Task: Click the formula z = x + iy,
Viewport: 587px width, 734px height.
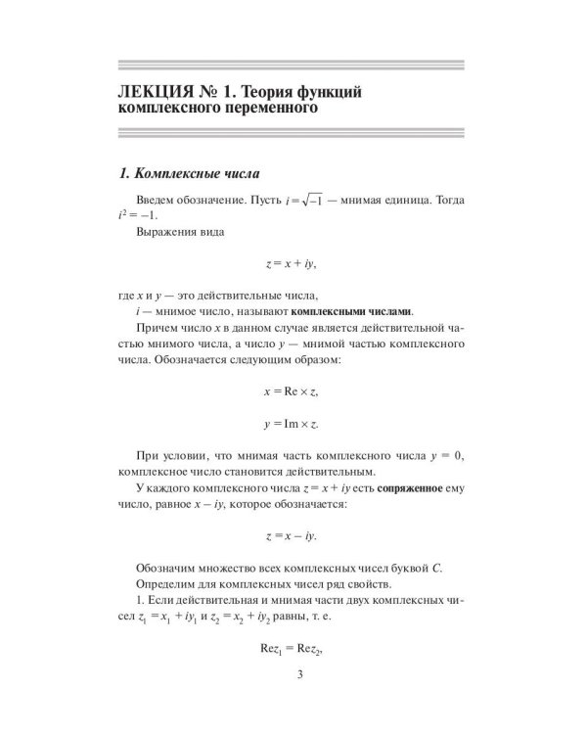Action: tap(293, 264)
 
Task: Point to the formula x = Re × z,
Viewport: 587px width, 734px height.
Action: tap(293, 391)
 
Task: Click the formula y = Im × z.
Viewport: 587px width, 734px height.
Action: tap(293, 426)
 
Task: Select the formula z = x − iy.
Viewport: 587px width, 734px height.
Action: tap(293, 536)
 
